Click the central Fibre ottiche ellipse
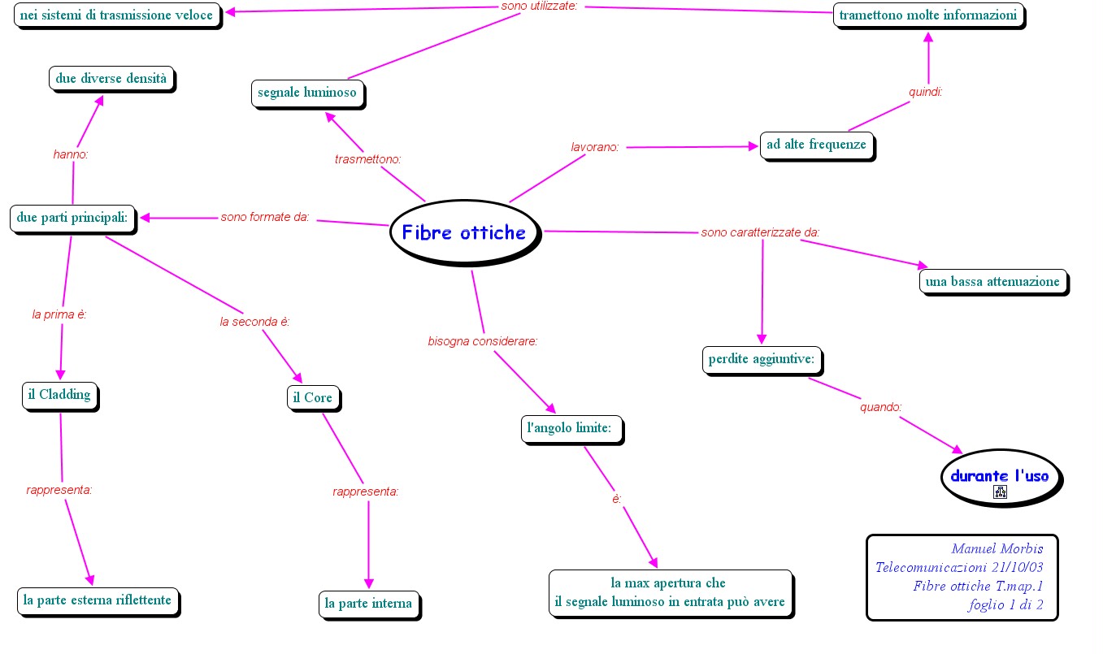464,233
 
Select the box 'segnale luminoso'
307,93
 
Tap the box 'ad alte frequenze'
816,145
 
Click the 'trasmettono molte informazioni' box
927,15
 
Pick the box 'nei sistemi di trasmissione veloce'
116,15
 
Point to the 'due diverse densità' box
111,79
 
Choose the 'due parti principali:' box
72,218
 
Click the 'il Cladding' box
59,395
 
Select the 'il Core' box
313,397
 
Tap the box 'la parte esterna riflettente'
98,600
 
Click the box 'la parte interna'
368,603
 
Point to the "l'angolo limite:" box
570,427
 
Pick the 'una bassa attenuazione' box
992,281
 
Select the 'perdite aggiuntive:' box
762,359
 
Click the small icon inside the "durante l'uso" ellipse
1000,492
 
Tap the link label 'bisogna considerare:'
483,341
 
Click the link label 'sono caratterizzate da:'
760,233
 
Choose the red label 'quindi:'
925,92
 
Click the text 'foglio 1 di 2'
1005,605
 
